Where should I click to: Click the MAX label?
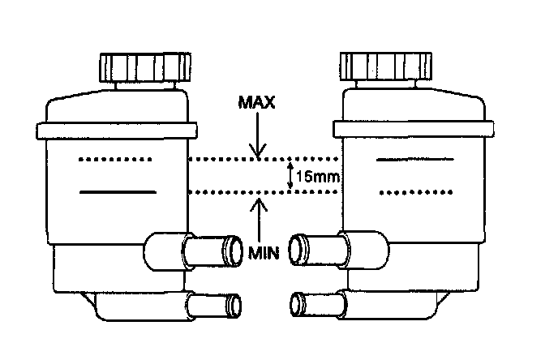click(x=259, y=105)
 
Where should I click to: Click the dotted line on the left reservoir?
click(x=114, y=160)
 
